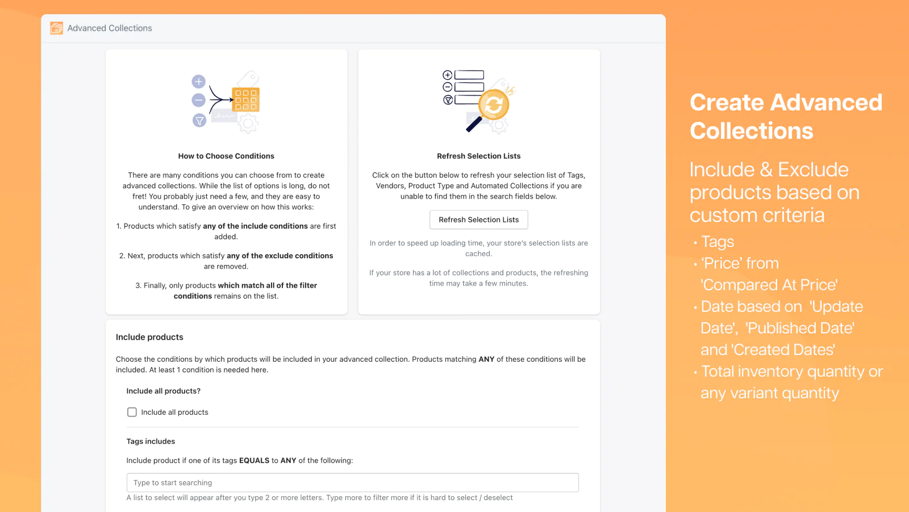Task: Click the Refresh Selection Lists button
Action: [478, 220]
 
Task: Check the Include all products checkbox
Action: [132, 412]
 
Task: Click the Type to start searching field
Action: [352, 482]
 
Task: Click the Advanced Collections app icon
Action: [57, 28]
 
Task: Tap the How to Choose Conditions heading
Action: [226, 156]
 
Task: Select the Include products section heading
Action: [149, 337]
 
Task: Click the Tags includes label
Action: [151, 441]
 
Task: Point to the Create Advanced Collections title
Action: [785, 117]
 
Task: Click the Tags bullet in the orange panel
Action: [718, 242]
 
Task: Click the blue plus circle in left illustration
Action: [198, 81]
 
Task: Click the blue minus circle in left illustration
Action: [198, 101]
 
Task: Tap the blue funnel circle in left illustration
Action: [199, 121]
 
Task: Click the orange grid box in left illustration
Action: [245, 100]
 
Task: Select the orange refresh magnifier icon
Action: [493, 105]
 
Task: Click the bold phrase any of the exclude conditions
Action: [280, 256]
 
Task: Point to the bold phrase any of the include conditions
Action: [255, 226]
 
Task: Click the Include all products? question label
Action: [163, 391]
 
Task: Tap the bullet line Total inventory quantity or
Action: [791, 371]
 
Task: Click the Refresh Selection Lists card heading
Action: [478, 156]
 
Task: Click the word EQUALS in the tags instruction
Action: [254, 461]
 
